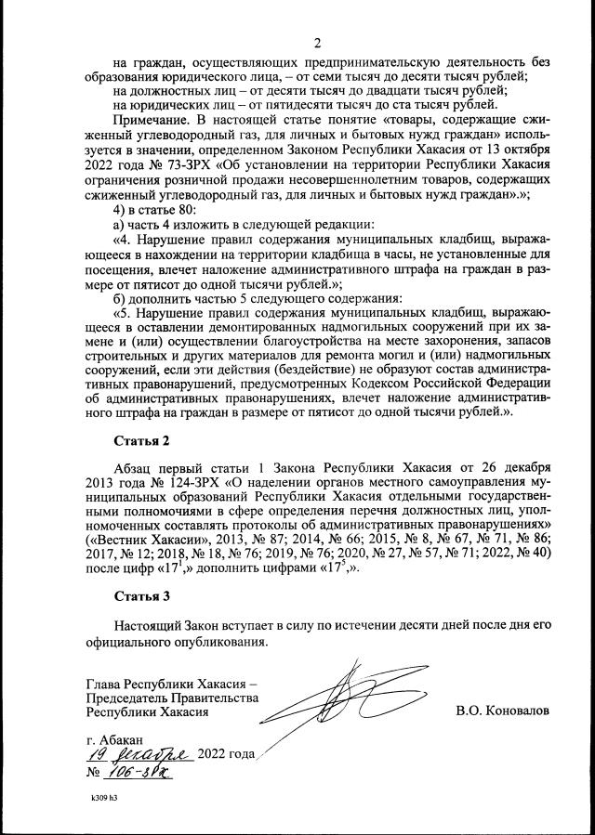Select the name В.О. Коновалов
[x=502, y=711]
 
